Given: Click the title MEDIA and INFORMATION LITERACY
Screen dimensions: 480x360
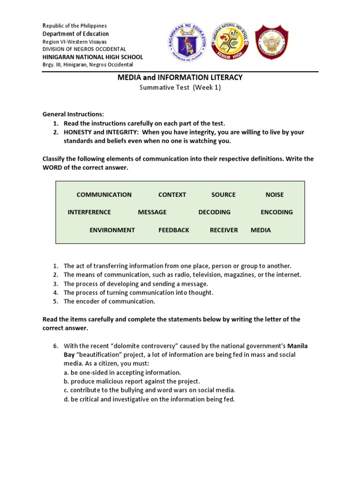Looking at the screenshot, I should coord(180,77).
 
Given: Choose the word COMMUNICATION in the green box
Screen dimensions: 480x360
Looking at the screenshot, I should coord(104,195).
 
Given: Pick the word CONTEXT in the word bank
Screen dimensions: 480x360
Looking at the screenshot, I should coord(172,195).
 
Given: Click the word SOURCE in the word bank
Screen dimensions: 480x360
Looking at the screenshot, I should coord(223,195).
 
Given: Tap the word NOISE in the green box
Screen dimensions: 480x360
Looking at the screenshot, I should coord(274,195).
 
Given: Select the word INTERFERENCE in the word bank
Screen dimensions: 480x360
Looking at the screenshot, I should coord(89,212).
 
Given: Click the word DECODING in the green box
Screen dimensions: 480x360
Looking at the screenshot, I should coord(214,212).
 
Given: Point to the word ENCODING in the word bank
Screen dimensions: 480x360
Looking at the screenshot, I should coord(277,212).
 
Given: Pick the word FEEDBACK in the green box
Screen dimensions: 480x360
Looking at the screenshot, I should coord(174,230).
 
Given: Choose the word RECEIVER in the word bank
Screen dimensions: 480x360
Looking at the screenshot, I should coord(224,230).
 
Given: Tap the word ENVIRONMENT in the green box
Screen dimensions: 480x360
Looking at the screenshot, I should coord(112,230).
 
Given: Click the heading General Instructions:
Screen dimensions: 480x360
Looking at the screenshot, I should coord(73,114).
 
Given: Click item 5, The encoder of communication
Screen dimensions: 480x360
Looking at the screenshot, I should coord(109,301).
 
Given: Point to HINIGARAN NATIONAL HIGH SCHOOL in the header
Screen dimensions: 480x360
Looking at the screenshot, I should coord(93,57).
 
